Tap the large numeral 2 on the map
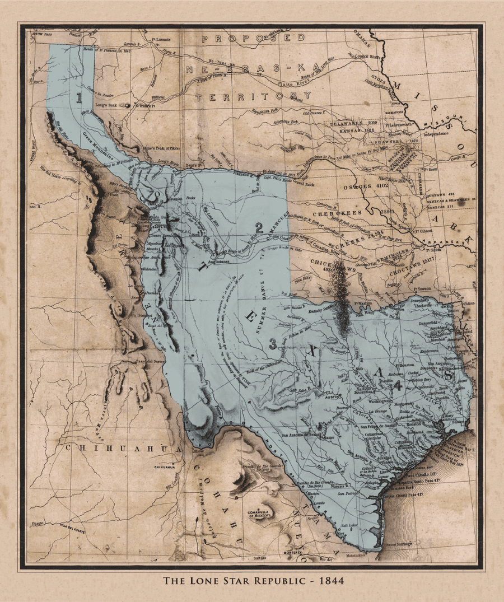tap(259, 227)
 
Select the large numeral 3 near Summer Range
tap(273, 344)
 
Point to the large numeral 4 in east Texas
tap(398, 385)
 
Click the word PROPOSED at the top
tap(253, 38)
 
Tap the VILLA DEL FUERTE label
tap(71, 526)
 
